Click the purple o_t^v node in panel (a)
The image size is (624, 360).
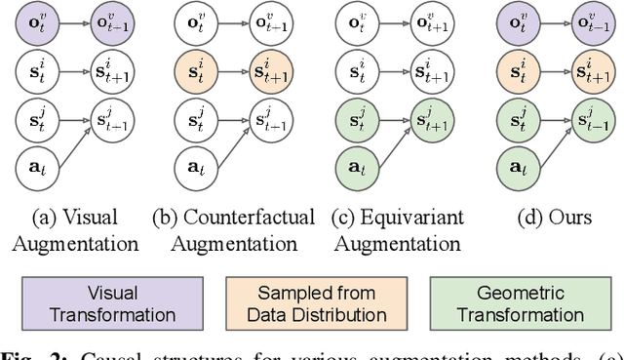pos(34,21)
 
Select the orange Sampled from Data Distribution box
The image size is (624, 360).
pos(309,302)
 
